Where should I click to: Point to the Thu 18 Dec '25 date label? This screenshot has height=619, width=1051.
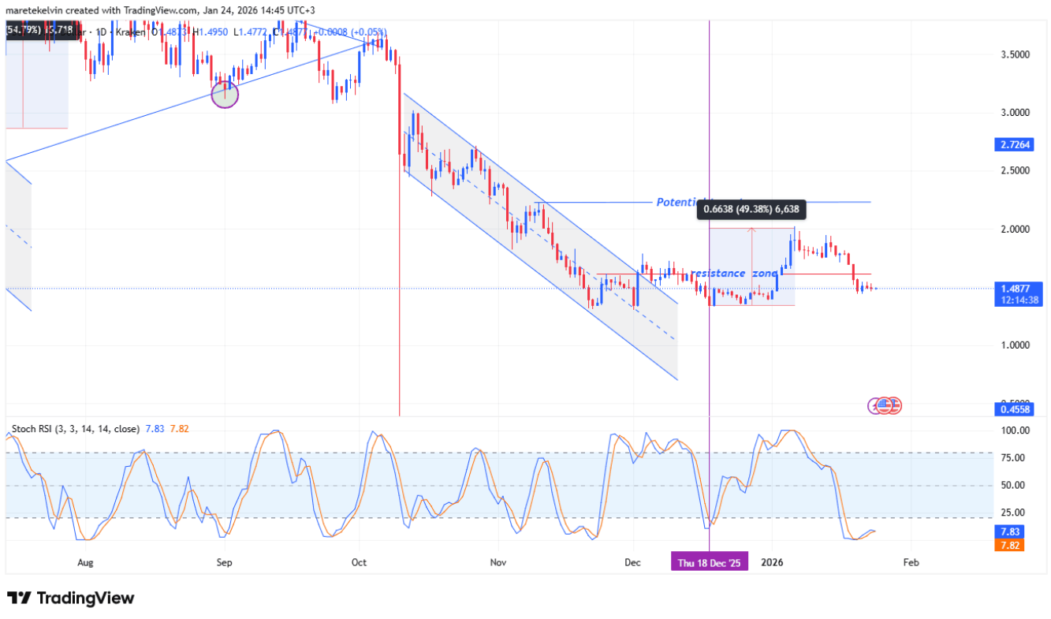coord(710,562)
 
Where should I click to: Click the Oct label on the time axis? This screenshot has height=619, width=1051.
coord(360,562)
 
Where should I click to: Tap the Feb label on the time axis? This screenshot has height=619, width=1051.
coord(911,562)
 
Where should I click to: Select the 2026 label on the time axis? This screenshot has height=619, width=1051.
coord(772,562)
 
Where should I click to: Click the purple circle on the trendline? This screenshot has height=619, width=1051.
coord(225,95)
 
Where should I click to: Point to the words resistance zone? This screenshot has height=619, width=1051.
coord(733,274)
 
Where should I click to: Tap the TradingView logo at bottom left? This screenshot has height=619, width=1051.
coord(71,598)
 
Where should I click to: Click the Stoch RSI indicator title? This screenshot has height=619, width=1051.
coord(75,429)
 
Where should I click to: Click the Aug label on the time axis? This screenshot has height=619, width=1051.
coord(86,562)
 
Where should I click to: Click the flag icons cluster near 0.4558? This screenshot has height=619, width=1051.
coord(885,406)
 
